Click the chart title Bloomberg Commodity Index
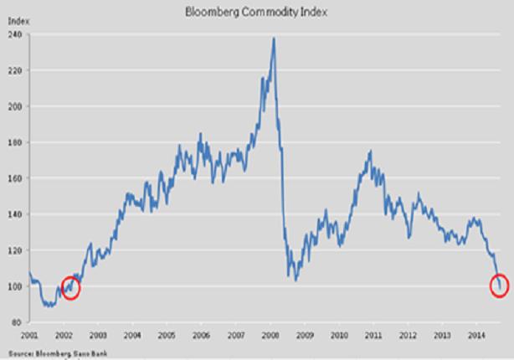pos(257,12)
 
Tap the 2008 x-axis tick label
pos(270,334)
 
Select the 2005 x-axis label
pos(167,334)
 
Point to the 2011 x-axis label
pos(373,334)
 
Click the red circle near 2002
pos(71,286)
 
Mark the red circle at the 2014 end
pos(501,286)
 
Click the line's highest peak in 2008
pos(274,39)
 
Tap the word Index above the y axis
pos(16,24)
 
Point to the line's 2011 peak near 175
pos(369,152)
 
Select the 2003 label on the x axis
pos(97,334)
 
